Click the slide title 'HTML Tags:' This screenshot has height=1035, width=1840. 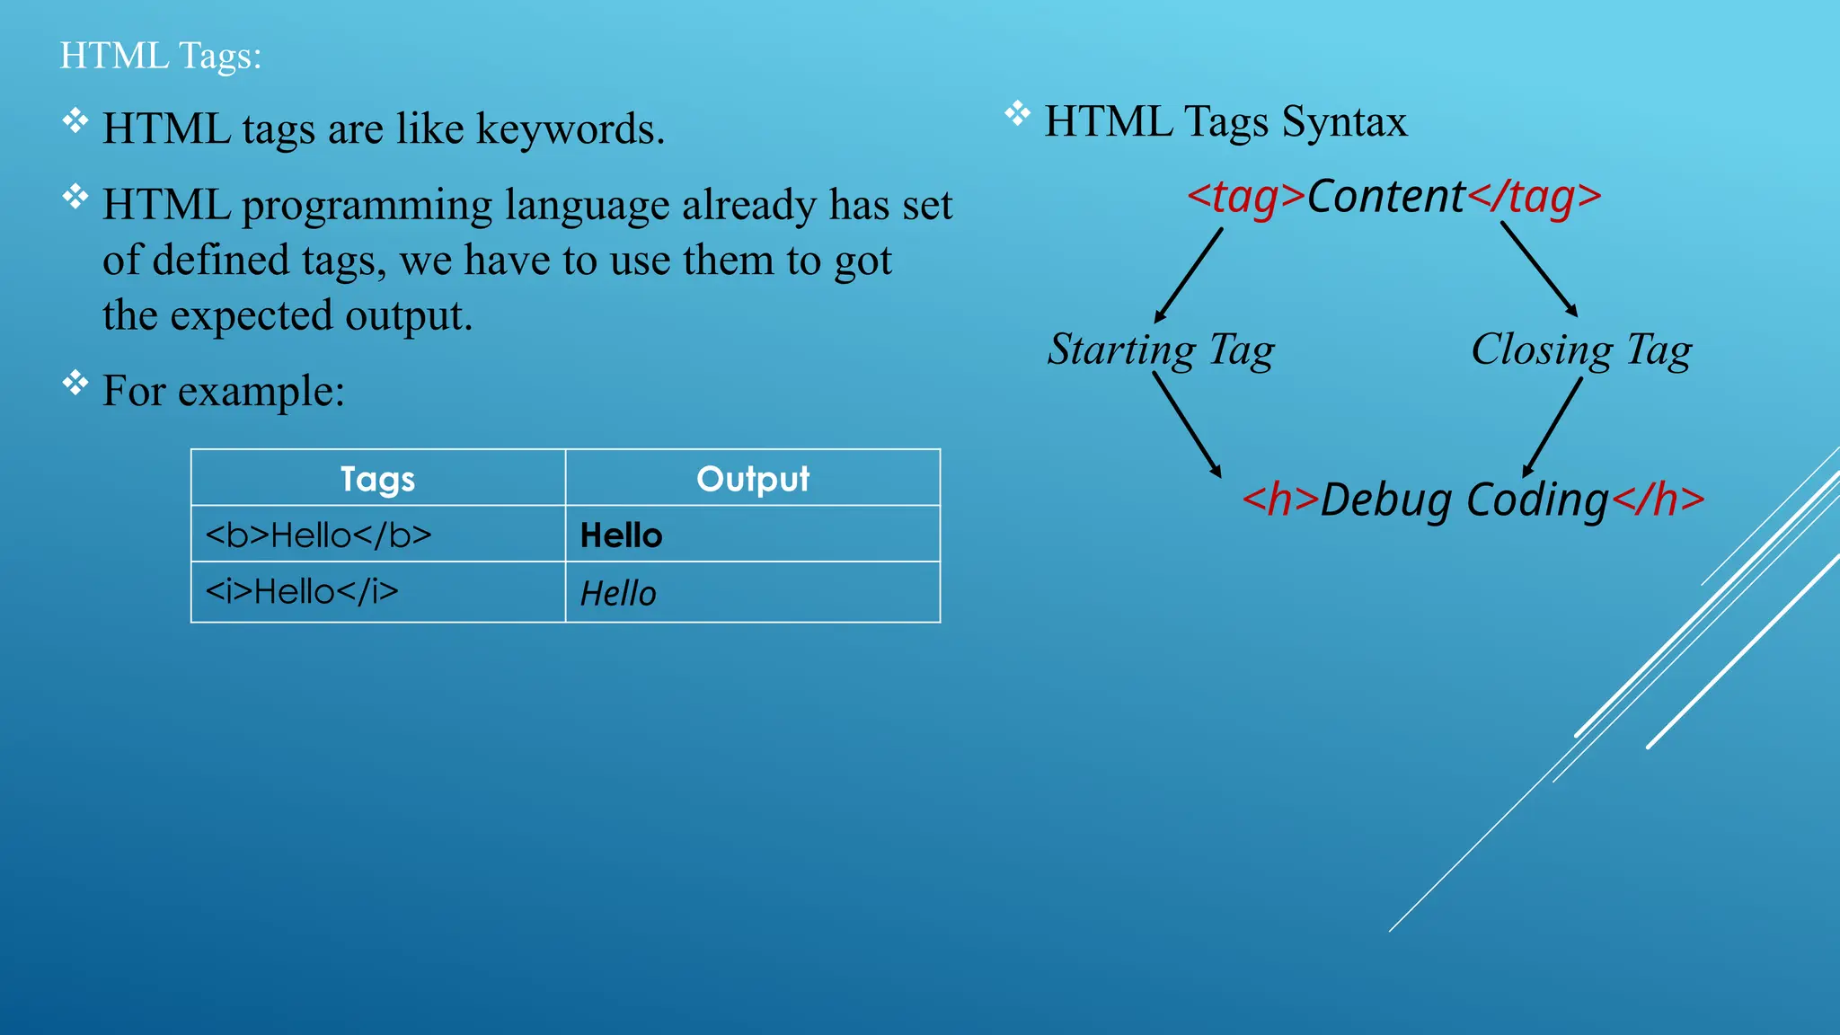160,56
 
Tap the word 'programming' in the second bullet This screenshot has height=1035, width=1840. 367,205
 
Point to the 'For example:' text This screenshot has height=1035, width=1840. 223,391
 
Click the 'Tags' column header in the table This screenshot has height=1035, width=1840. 377,479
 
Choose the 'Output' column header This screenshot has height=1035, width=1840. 753,479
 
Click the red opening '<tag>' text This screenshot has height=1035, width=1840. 1245,197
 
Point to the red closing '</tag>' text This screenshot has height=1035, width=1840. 1535,197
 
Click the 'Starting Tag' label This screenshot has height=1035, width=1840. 1161,349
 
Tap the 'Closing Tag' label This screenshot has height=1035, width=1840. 1581,349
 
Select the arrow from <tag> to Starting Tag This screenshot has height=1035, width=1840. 1188,275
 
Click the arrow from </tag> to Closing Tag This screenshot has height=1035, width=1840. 1539,270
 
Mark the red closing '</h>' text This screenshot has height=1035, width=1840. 1658,500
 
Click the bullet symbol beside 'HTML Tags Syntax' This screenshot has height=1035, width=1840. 1017,114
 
